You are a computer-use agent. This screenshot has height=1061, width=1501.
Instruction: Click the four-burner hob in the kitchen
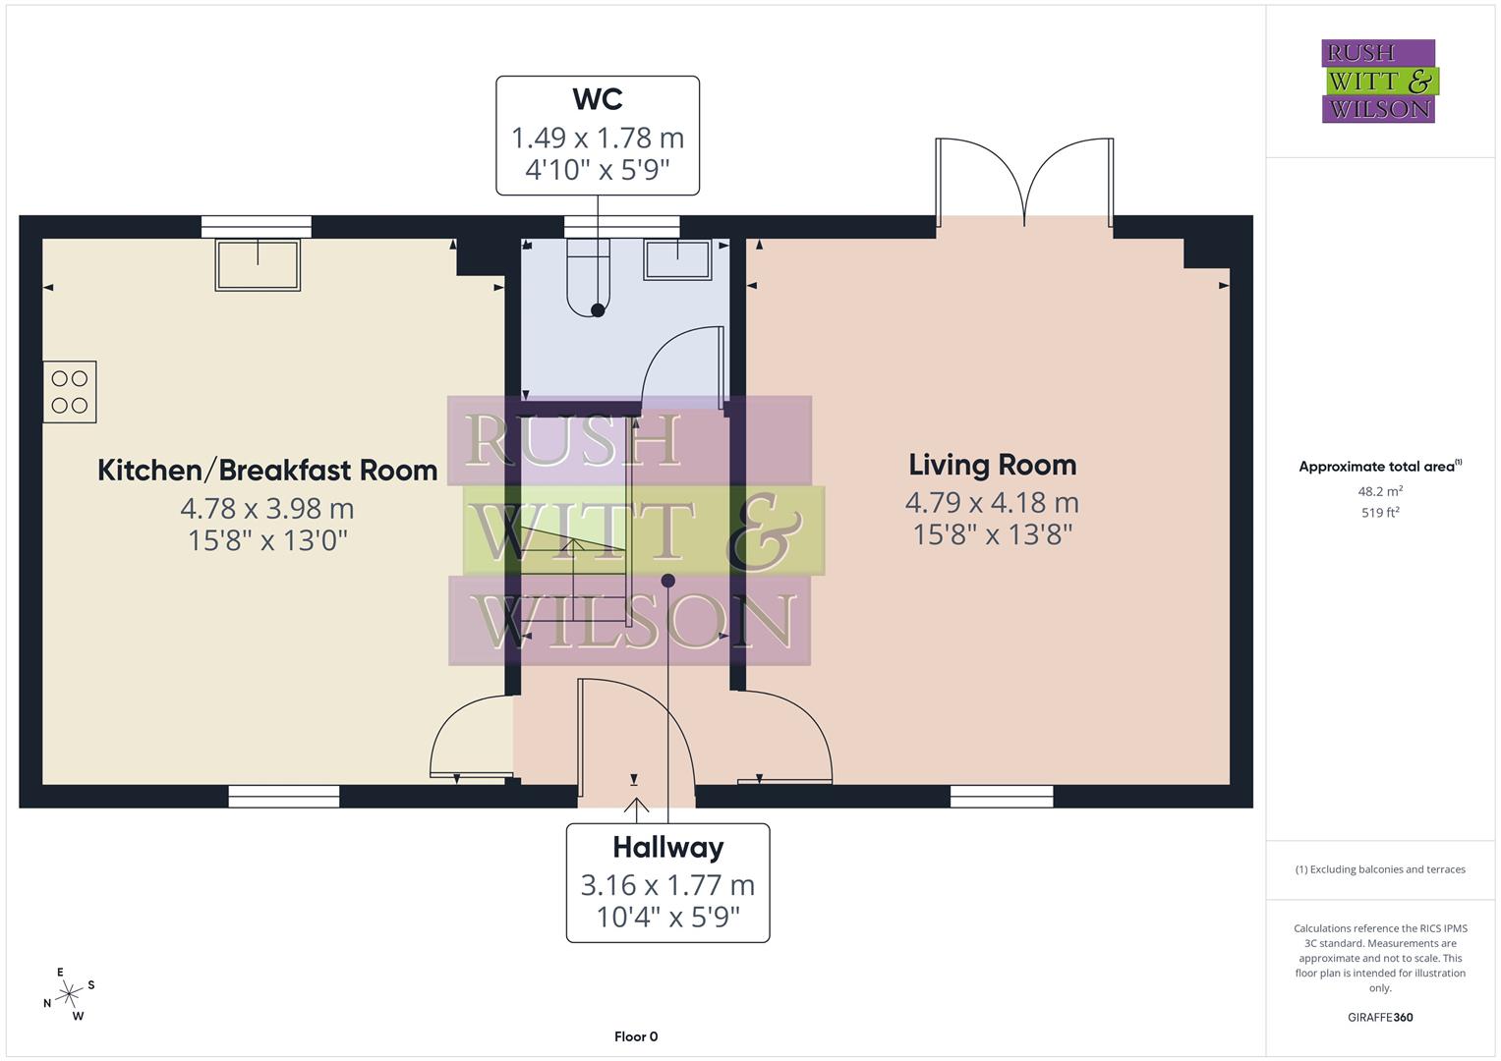click(70, 392)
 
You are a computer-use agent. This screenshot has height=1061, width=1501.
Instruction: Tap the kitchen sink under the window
click(258, 264)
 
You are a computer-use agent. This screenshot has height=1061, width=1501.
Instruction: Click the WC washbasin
click(678, 259)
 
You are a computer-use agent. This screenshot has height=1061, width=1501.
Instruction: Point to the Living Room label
click(992, 465)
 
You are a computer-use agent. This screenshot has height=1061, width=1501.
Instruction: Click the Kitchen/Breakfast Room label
click(267, 471)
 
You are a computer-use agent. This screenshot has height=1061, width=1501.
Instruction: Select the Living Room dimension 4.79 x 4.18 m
click(992, 503)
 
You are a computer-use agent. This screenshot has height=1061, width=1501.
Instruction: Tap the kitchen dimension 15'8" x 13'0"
click(267, 540)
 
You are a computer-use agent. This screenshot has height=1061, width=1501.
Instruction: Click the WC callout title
click(598, 99)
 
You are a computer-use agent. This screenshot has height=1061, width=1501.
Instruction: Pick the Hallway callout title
click(667, 847)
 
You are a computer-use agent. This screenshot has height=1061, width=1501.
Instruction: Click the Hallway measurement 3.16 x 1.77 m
click(667, 885)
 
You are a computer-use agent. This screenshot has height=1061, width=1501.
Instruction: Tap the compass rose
click(69, 994)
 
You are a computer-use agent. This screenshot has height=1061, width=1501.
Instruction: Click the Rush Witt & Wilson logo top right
click(1379, 82)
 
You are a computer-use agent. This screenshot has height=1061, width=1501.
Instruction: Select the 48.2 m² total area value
click(1380, 491)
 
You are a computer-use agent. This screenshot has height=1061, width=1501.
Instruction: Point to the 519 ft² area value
click(1380, 513)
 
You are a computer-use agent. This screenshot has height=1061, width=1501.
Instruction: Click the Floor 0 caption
click(636, 1036)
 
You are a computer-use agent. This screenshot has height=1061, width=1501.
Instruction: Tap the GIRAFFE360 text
click(1380, 1017)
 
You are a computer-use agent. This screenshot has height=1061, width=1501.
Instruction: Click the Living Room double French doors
click(1024, 182)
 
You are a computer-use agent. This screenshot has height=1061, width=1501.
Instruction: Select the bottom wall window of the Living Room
click(1002, 797)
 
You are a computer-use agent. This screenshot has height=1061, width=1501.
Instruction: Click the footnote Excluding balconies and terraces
click(1380, 869)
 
